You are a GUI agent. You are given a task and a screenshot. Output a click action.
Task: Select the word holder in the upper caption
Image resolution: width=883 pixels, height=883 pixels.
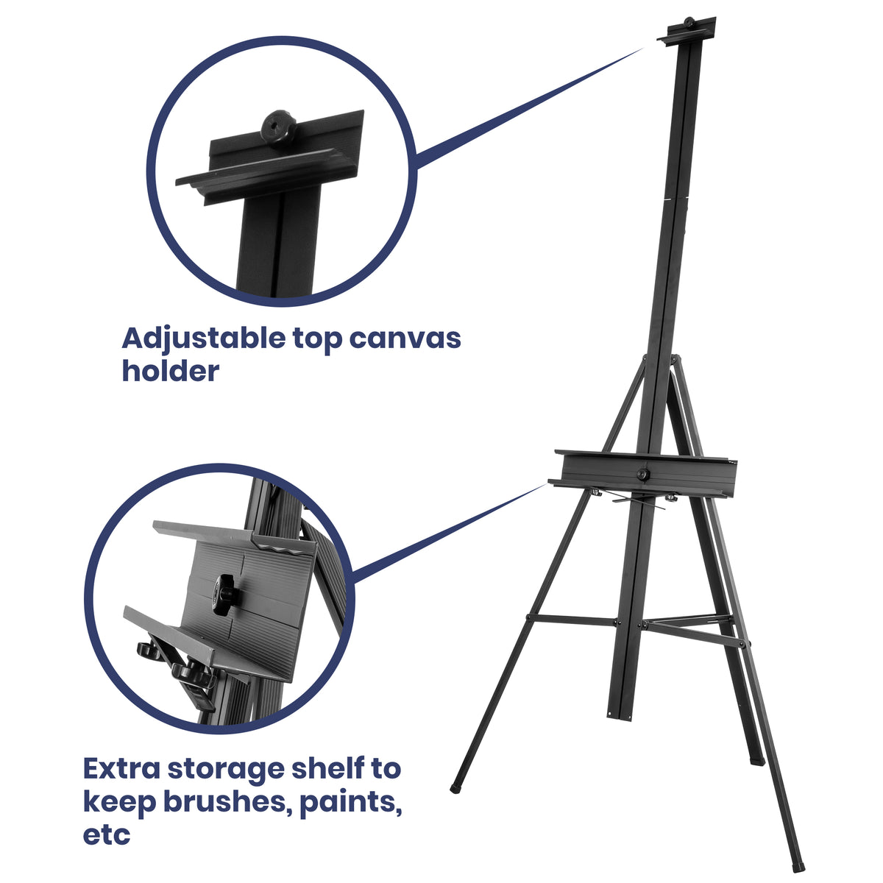[x=170, y=371]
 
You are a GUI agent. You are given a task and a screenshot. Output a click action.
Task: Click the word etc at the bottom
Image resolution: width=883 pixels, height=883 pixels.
[x=106, y=834]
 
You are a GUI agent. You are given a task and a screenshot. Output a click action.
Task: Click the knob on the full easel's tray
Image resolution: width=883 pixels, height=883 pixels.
[x=645, y=475]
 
